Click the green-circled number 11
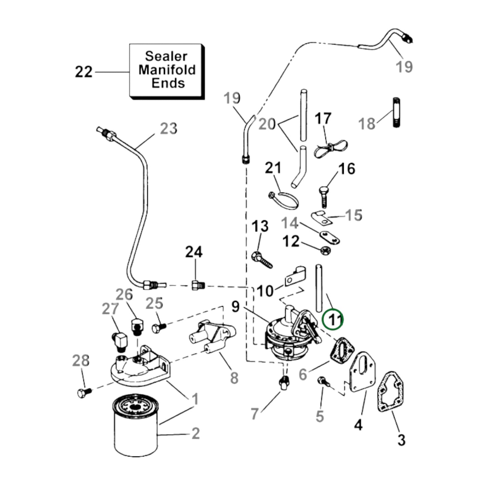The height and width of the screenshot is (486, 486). (x=333, y=320)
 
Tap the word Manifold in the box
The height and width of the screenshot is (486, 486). (x=167, y=70)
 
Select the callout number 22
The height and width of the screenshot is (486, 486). (x=83, y=72)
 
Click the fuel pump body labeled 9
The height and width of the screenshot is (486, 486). (x=283, y=336)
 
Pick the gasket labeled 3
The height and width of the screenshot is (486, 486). (x=389, y=391)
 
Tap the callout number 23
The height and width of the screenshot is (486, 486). (x=168, y=128)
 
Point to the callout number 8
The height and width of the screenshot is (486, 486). (x=234, y=377)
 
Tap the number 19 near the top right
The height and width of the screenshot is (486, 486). (x=404, y=66)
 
